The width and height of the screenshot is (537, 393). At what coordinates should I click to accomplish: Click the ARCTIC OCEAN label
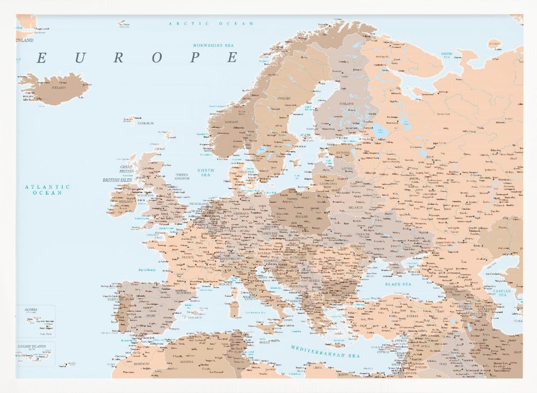[211, 24]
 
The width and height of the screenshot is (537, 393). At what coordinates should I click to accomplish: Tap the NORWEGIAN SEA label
[215, 46]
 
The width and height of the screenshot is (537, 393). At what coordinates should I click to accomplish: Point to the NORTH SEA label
[206, 172]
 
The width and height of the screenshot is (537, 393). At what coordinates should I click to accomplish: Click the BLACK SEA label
[398, 284]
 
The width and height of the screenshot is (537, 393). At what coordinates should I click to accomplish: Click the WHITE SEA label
[447, 54]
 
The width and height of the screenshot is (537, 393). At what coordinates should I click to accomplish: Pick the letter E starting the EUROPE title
[41, 58]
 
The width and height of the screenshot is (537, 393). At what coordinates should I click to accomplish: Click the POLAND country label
[301, 217]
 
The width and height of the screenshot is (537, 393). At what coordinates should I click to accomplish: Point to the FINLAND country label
[346, 104]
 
